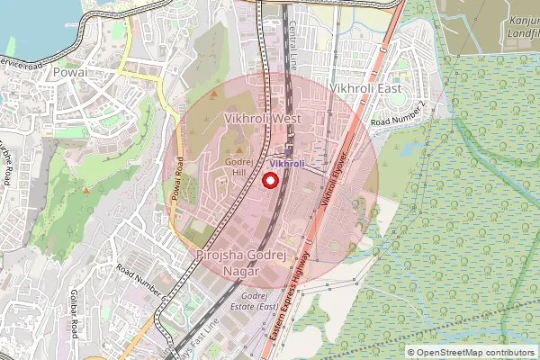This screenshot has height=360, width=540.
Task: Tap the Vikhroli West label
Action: (x=262, y=119)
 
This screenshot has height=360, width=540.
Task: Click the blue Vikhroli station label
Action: (x=287, y=164)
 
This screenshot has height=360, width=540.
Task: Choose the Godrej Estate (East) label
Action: (x=258, y=301)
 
